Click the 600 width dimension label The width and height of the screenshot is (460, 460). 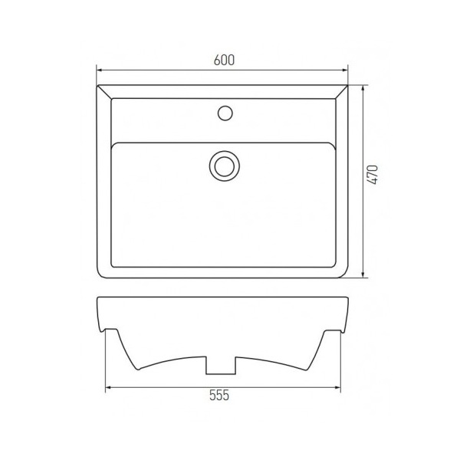point(224,60)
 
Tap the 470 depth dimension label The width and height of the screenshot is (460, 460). point(373,175)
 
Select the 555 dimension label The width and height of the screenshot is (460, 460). point(219,395)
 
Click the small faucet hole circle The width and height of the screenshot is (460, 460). point(225,113)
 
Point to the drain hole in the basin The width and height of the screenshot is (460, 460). point(225,166)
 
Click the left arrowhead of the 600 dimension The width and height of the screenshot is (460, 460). point(99,70)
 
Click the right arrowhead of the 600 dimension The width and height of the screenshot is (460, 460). point(345,70)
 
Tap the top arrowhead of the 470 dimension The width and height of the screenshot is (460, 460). point(363,88)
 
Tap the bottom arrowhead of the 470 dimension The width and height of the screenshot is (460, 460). point(363,274)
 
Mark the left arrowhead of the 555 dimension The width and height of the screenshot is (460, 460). point(108,387)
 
